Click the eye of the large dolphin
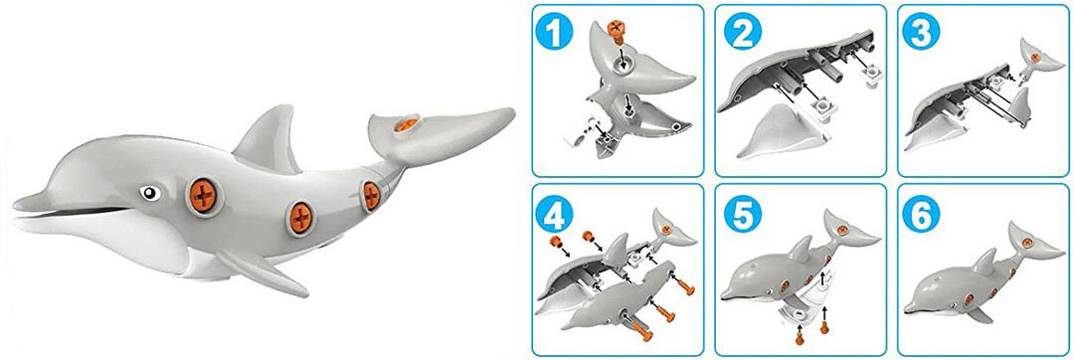149,192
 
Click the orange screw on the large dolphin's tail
404,125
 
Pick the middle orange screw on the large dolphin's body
299,213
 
